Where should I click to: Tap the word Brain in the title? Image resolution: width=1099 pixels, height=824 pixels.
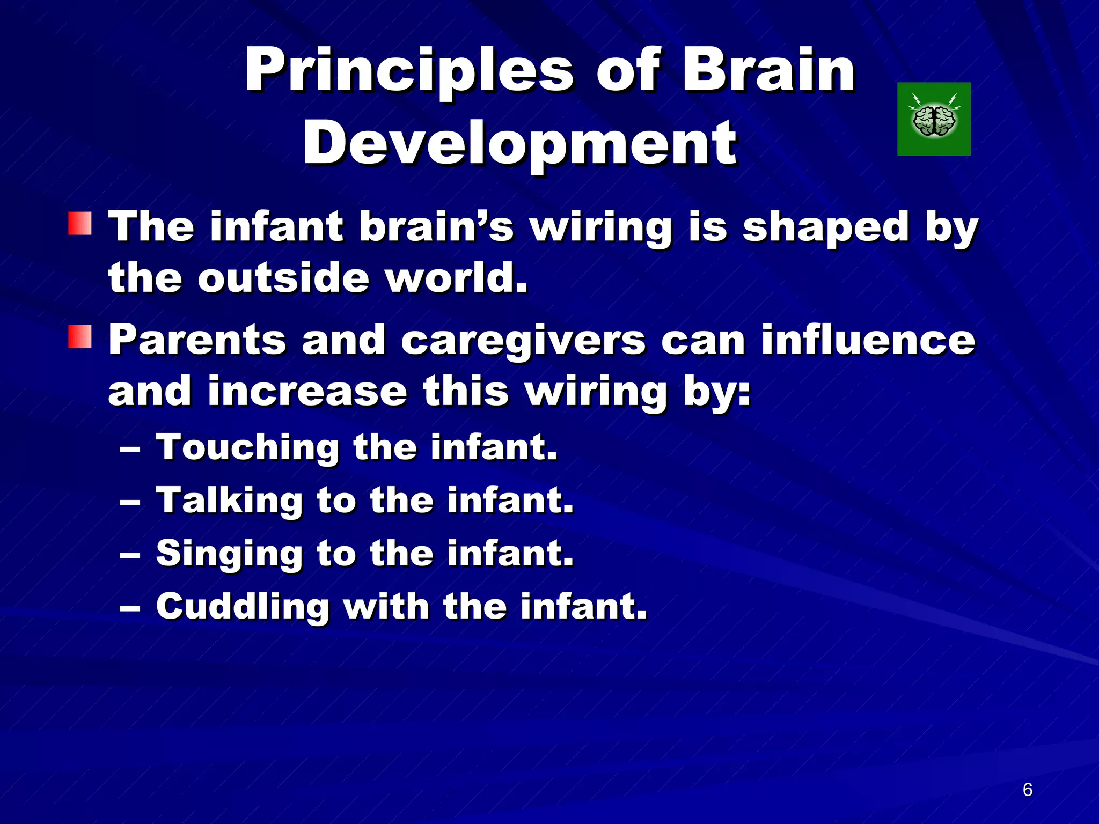point(768,70)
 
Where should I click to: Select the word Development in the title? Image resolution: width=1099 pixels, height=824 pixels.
point(519,144)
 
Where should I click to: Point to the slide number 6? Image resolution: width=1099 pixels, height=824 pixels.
point(1027,790)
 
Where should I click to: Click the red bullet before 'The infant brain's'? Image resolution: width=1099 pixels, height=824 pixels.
point(79,223)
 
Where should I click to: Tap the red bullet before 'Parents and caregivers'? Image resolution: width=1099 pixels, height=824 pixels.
point(79,337)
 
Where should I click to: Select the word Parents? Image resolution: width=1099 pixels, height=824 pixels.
point(197,340)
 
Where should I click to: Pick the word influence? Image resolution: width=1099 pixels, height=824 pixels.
point(868,340)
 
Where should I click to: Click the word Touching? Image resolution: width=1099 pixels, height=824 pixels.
point(247,448)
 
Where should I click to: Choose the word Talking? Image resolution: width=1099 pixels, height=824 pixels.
point(230,501)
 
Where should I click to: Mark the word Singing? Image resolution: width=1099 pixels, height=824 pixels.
point(230,554)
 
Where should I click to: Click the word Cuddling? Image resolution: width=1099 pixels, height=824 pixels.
point(243,607)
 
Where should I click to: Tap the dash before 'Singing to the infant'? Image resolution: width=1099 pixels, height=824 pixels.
point(130,556)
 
